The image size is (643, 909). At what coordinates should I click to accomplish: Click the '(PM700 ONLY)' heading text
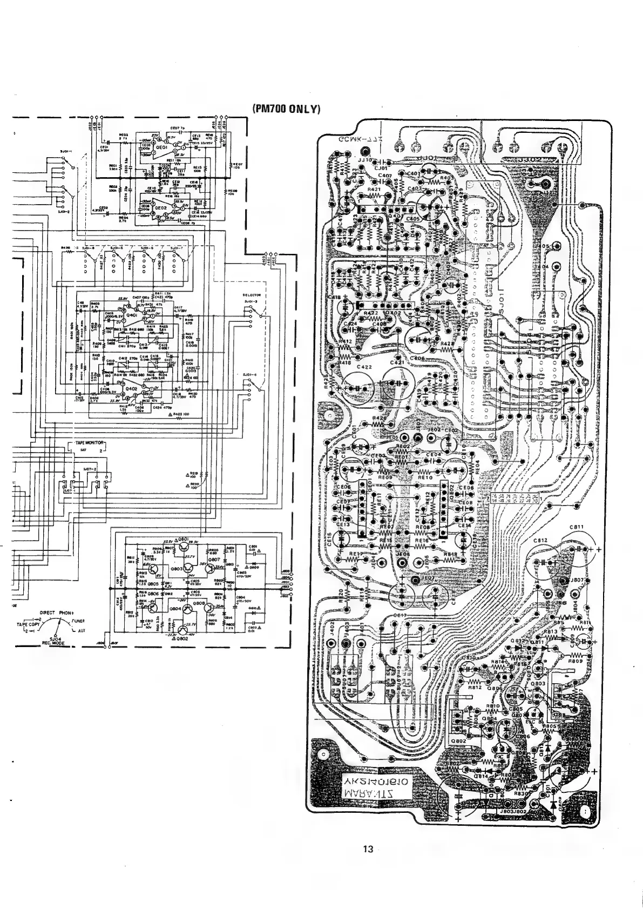(286, 109)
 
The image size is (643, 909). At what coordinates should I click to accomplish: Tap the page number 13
(368, 849)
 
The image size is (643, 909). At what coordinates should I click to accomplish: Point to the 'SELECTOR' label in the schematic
(252, 295)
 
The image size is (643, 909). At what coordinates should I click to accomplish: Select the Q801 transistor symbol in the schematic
(182, 542)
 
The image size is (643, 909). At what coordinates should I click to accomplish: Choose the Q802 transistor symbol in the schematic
(182, 632)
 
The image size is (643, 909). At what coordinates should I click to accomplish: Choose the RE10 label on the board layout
(425, 477)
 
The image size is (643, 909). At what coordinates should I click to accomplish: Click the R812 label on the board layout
(474, 687)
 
